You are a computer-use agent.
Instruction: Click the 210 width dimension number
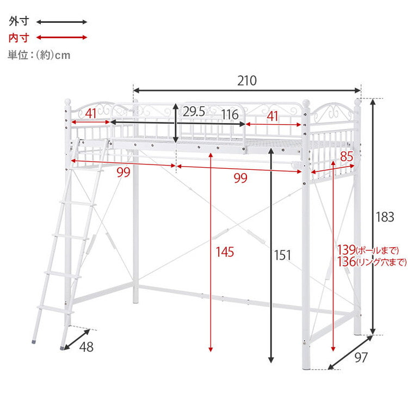tap(246, 81)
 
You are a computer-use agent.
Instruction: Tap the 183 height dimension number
tap(385, 217)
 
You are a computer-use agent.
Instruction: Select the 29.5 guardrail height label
tap(194, 112)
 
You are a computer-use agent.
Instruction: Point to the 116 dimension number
tap(230, 114)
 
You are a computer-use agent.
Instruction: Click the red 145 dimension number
tap(225, 252)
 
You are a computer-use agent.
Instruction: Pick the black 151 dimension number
tap(282, 255)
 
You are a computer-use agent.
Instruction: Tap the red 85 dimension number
tap(347, 156)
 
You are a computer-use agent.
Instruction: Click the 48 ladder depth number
tap(86, 347)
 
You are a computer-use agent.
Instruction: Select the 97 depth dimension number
tap(361, 357)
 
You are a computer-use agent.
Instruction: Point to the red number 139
tap(347, 250)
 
